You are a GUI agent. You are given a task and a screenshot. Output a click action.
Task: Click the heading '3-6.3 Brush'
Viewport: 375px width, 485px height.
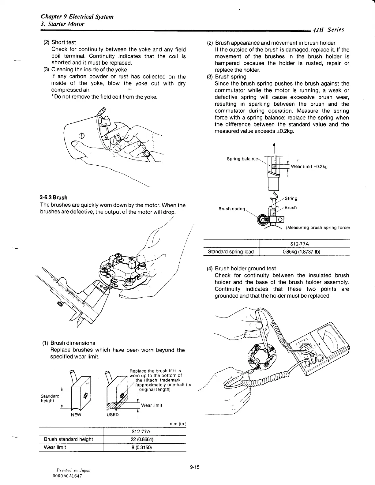pos(54,197)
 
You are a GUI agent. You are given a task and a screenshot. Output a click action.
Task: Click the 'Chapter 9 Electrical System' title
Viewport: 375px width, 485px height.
pos(77,17)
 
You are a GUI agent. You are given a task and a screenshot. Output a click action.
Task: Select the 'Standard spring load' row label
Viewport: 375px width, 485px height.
pos(231,252)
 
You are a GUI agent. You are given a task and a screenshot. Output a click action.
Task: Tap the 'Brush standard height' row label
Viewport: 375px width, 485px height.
pos(69,439)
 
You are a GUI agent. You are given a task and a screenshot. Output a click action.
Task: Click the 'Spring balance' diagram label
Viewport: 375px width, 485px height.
pos(242,159)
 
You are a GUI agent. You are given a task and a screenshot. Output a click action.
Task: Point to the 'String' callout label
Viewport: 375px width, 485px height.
pos(291,198)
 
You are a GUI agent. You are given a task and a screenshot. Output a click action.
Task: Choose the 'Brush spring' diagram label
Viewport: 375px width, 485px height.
pos(232,209)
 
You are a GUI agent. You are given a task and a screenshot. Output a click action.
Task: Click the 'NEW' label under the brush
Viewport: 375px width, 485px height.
pos(76,415)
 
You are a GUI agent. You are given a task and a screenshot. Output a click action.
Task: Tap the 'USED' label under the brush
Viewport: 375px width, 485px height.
pos(113,415)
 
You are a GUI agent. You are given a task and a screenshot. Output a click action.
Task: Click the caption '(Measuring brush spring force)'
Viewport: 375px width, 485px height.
pos(318,227)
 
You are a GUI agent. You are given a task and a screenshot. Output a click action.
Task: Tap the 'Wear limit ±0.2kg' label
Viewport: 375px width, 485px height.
pos(309,167)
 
